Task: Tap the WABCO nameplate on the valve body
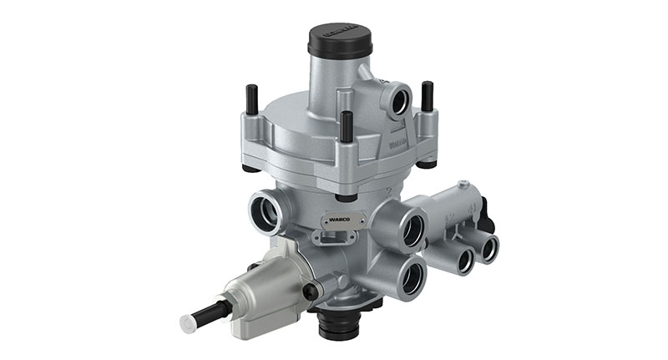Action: coord(342,222)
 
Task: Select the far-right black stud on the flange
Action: coord(428,96)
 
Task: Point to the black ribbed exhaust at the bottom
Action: coord(342,324)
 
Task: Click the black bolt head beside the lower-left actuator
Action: coord(310,292)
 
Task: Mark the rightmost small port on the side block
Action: coord(487,248)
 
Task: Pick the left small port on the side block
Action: coord(459,259)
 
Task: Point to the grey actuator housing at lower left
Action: coord(267,284)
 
